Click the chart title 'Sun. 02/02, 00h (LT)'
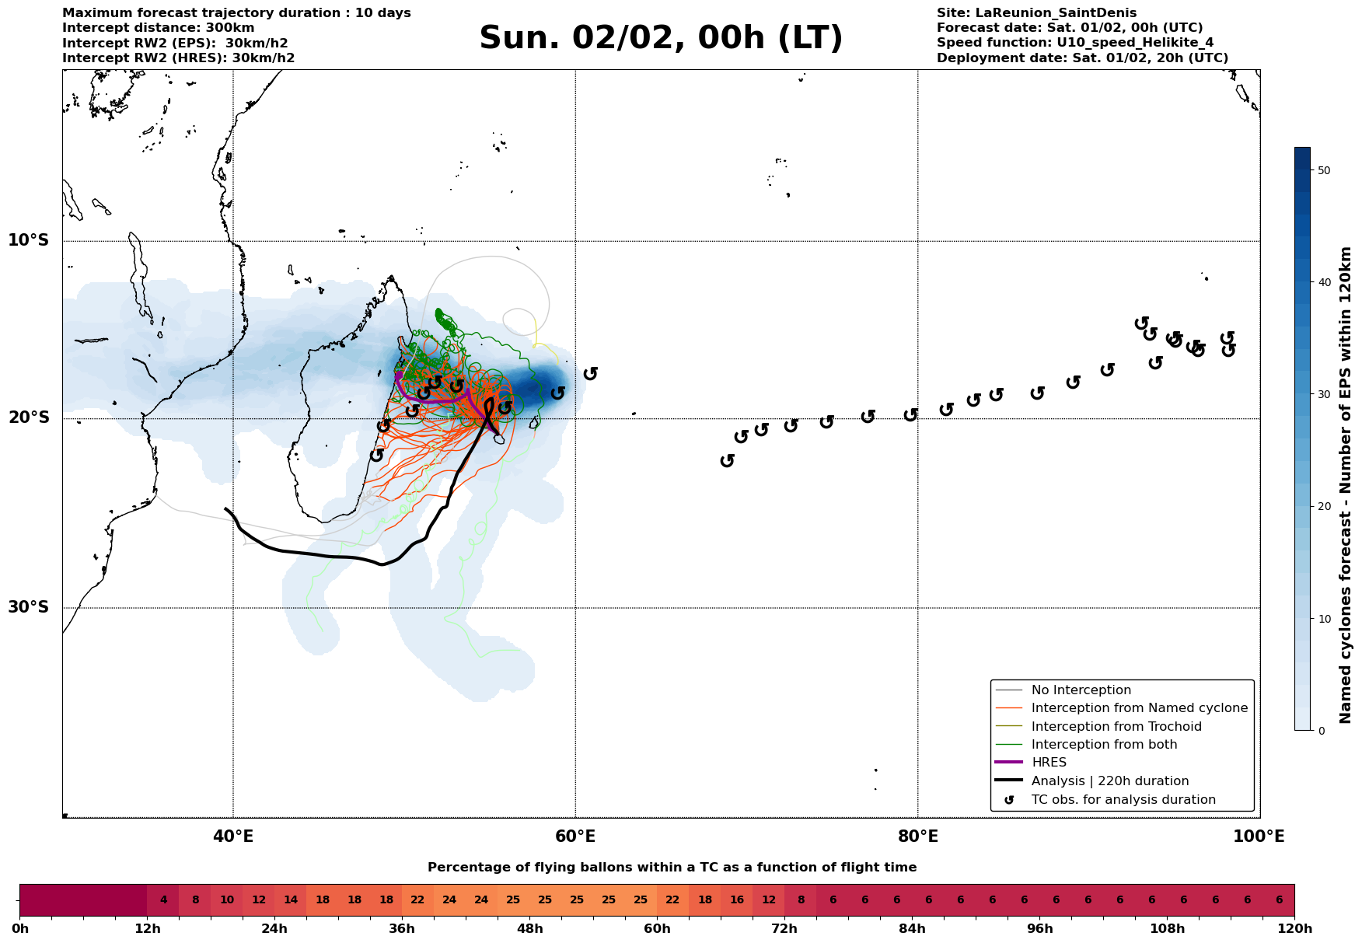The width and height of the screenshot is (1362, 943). (x=661, y=38)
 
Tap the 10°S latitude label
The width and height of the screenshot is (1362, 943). (x=29, y=240)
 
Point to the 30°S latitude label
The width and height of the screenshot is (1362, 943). (x=29, y=607)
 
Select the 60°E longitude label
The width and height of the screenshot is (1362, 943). (x=575, y=837)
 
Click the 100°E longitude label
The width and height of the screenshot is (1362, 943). (x=1259, y=837)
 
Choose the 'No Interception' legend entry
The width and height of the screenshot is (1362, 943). (x=1081, y=690)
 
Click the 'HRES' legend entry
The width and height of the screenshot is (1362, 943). (x=1049, y=763)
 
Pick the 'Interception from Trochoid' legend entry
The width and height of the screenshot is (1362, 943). (x=1116, y=727)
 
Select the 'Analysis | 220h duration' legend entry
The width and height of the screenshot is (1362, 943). (x=1109, y=781)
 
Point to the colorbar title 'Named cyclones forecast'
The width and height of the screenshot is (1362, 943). (x=1346, y=485)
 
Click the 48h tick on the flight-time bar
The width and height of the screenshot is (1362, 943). (x=529, y=929)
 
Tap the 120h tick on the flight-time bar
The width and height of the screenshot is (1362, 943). (x=1294, y=929)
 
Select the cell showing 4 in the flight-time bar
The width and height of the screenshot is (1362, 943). (x=163, y=900)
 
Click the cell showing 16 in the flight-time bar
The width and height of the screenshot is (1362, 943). (x=736, y=900)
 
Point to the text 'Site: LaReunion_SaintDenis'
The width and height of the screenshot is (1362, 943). (x=1036, y=13)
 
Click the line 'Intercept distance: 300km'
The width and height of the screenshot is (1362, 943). (x=158, y=28)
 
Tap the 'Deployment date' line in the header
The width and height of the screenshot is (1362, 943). (x=1082, y=58)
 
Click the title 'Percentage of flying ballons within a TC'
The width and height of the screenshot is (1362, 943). (x=672, y=868)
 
